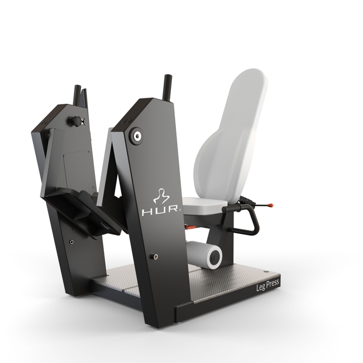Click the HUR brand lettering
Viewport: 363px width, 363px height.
click(160, 210)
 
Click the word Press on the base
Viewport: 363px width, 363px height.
click(273, 284)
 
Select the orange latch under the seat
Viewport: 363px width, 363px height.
click(190, 228)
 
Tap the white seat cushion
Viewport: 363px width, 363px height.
click(204, 204)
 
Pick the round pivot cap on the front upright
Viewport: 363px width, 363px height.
click(137, 135)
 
